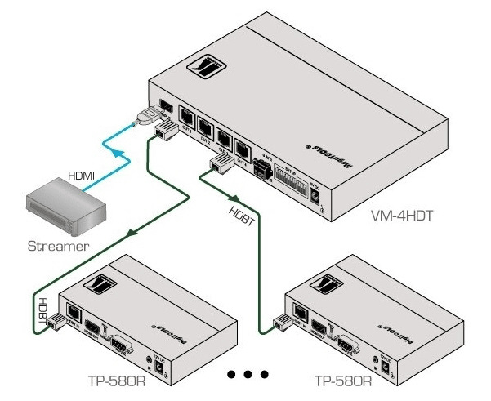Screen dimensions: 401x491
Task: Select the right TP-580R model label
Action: point(342,380)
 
